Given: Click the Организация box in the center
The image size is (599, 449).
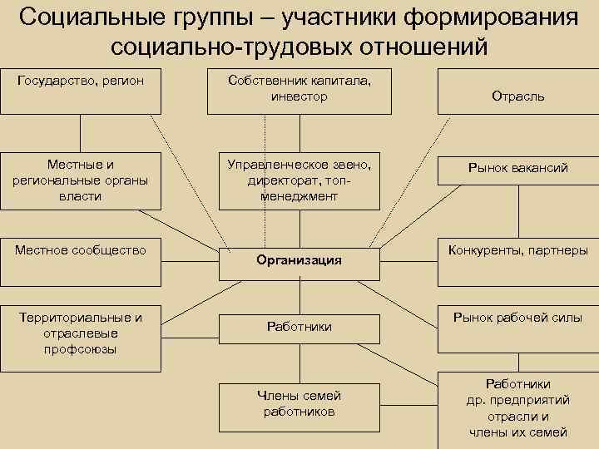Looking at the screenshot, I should [x=299, y=260].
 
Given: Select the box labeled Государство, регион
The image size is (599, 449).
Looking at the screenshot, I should [x=81, y=91].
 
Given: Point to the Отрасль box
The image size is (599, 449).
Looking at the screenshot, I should [x=517, y=96].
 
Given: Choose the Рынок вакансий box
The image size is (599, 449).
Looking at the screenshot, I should [x=517, y=169].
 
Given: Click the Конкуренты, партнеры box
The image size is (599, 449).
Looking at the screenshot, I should [x=517, y=249].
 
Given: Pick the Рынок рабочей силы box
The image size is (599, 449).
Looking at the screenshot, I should [x=517, y=317].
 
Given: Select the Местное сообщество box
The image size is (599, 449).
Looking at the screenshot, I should [x=81, y=249].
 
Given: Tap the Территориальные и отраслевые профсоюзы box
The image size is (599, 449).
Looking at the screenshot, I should [x=81, y=333].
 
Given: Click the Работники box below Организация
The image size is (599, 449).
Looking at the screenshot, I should [x=299, y=327].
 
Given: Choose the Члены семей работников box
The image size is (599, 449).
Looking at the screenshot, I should [x=299, y=403].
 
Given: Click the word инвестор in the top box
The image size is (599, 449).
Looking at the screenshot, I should [x=299, y=97].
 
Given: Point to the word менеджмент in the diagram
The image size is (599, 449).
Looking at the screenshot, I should [x=299, y=196].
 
